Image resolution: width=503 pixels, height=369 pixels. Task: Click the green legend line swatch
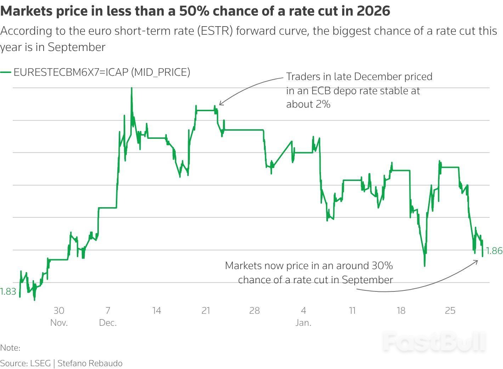[x=6, y=72]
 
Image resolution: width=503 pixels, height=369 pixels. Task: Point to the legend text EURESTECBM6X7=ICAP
[x=71, y=72]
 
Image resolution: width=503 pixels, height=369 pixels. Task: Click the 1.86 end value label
[x=494, y=251]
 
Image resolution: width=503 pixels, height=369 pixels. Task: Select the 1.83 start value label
[x=8, y=291]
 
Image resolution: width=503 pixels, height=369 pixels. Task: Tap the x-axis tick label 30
[x=59, y=311]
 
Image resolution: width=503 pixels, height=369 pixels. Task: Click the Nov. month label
[x=59, y=323]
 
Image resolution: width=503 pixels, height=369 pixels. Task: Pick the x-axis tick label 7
[x=108, y=311]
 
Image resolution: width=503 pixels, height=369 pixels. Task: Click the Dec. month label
[x=108, y=323]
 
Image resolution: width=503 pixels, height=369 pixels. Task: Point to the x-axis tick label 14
[x=157, y=311]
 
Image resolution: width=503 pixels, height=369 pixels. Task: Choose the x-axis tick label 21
[x=206, y=311]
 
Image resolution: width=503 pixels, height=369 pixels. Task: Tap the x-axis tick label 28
[x=254, y=311]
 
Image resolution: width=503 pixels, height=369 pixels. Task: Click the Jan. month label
[x=303, y=323]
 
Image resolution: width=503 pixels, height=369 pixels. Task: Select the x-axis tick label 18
[x=401, y=311]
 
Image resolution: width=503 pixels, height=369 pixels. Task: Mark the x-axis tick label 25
[x=450, y=311]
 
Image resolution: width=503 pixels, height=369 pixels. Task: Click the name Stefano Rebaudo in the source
[x=90, y=363]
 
